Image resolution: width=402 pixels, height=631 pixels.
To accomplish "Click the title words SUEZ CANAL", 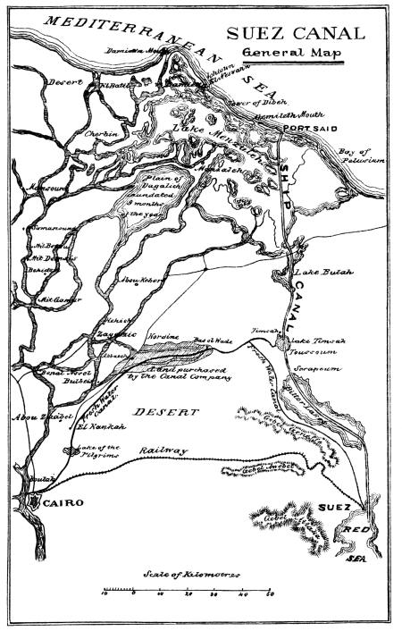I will (296, 34).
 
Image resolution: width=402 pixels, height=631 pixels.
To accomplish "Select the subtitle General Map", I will (294, 55).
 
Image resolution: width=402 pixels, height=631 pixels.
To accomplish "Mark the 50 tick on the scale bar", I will (269, 593).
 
